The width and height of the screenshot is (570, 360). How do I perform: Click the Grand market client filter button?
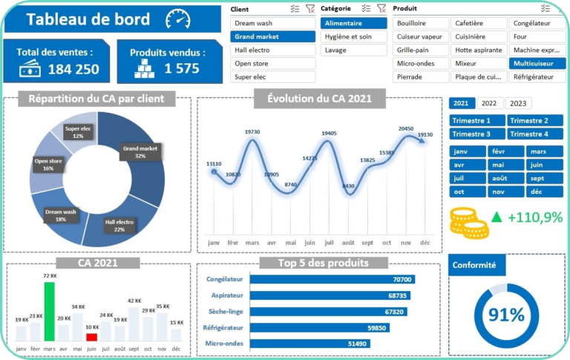click(x=272, y=36)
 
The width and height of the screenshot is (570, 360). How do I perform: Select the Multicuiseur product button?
click(x=537, y=63)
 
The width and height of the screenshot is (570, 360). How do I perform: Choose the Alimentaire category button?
click(x=354, y=23)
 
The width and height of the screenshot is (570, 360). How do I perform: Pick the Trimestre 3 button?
click(x=477, y=134)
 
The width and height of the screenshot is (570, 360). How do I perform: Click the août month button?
click(x=507, y=178)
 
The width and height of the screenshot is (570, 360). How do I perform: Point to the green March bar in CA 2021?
click(x=50, y=310)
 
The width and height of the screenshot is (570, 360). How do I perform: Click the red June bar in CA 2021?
click(x=91, y=337)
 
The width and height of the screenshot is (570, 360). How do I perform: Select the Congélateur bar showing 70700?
click(x=332, y=279)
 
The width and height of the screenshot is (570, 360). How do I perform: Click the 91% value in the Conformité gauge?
click(x=506, y=315)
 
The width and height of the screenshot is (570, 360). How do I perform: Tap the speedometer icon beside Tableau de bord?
click(x=178, y=19)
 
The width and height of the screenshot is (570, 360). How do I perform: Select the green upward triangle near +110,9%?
click(x=497, y=217)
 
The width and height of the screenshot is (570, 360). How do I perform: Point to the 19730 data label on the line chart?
click(x=252, y=132)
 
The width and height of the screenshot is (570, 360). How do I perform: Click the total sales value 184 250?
click(x=73, y=69)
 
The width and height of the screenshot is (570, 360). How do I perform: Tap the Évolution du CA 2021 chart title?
click(x=319, y=98)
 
